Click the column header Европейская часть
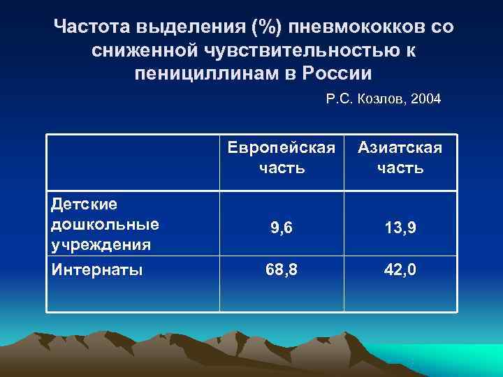281,158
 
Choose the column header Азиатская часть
400,158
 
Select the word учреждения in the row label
101,244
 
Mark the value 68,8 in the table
281,269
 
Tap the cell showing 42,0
400,269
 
